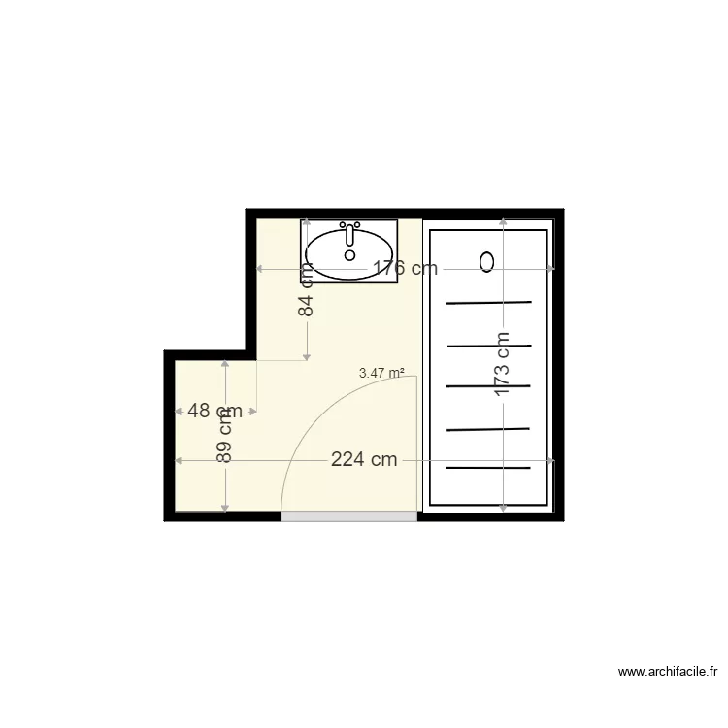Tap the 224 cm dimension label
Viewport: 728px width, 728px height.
[x=364, y=460]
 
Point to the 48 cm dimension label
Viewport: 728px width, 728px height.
[x=215, y=411]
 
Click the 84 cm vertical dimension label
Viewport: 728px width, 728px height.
[x=307, y=291]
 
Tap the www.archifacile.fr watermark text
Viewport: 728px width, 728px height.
[x=668, y=671]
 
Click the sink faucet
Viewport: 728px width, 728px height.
[x=349, y=233]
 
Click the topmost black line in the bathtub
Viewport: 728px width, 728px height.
[x=488, y=303]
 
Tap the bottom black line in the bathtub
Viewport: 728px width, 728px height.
[x=488, y=468]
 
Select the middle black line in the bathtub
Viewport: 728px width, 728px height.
[x=488, y=386]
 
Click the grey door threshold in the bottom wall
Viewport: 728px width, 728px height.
[x=348, y=517]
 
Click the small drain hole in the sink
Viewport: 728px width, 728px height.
[x=349, y=255]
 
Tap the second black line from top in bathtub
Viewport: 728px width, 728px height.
[x=488, y=345]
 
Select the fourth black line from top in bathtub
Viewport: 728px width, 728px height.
[x=488, y=428]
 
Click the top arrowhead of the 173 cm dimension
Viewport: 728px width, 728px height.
[x=503, y=223]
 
